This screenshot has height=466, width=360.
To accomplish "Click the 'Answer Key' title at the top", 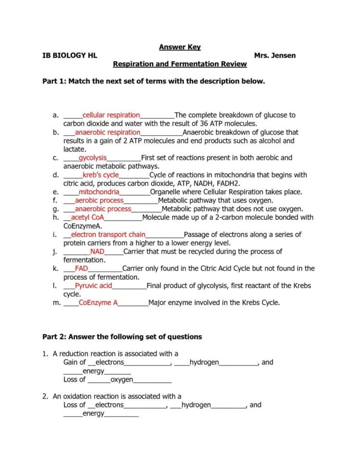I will (180, 47).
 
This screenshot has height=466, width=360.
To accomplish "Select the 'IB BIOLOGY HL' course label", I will (70, 55).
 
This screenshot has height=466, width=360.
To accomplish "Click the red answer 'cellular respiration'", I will (111, 115).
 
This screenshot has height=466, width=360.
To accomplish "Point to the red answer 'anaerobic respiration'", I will (108, 132).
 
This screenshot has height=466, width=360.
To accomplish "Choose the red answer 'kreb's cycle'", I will (100, 175).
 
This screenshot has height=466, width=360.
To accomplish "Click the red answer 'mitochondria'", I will (99, 192).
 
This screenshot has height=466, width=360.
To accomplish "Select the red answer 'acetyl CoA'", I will (88, 217).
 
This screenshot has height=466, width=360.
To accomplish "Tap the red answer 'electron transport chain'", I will (108, 234).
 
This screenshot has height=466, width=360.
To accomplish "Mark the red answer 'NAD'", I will (97, 251).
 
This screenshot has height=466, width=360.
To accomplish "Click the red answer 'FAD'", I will (82, 269).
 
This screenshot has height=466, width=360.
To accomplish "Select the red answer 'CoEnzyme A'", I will (98, 303).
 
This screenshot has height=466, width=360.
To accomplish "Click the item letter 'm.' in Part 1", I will (57, 303).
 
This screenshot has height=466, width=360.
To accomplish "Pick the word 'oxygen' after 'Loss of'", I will (122, 380).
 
